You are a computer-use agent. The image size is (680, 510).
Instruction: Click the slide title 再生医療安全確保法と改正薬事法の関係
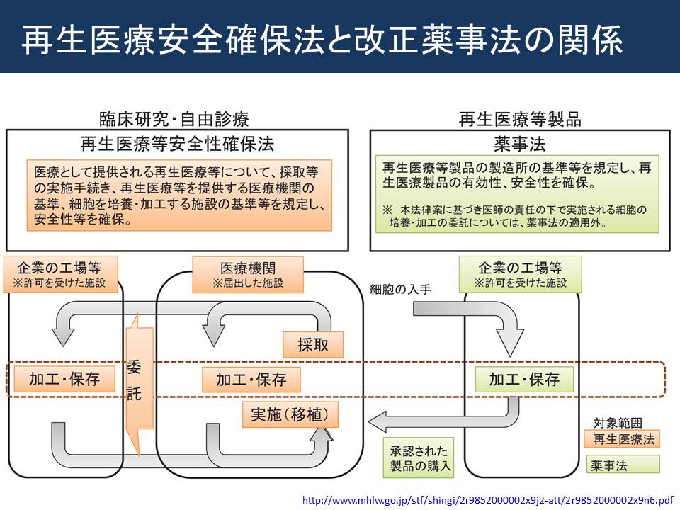pos(322,40)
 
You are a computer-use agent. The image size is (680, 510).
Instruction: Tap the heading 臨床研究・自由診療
pos(174,119)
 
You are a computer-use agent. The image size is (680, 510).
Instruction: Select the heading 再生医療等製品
pos(520,119)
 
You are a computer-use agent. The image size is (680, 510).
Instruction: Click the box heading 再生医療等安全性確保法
pos(177,144)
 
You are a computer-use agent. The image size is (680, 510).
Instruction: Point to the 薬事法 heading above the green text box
pos(519,144)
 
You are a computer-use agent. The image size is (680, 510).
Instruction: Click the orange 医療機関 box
pos(248,275)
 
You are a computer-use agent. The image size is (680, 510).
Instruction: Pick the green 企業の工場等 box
pos(521,274)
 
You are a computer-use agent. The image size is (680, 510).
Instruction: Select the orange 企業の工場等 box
pos(61,274)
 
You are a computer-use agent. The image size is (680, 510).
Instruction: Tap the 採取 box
pos(313,345)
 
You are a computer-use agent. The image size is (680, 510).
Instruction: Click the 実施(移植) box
pos(290,414)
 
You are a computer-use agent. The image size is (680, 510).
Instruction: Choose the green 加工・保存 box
pos(524,380)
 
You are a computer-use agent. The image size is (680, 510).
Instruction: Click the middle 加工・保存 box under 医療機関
pos(251,380)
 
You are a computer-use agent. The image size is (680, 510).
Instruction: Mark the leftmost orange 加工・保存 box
pos(64,379)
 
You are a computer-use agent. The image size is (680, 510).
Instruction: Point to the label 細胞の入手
pos(400,289)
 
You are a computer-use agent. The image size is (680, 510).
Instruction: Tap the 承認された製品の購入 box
pos(419,458)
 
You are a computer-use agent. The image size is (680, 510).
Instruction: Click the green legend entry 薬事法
pos(623,465)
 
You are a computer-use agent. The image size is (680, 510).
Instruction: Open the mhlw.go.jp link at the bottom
pos(487,500)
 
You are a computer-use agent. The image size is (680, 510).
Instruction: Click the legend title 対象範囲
pos(618,422)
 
